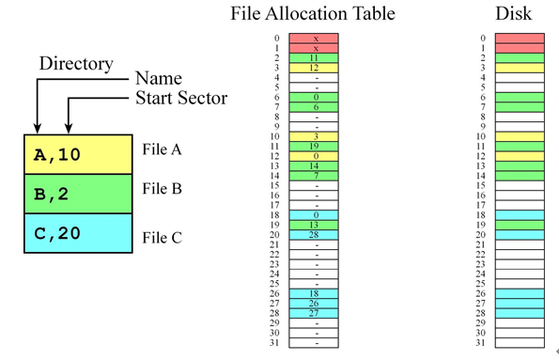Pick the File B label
click(x=162, y=188)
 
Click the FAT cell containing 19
click(x=317, y=146)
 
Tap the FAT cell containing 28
click(x=317, y=234)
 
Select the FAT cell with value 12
click(x=317, y=68)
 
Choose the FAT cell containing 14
click(x=317, y=165)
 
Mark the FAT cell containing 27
click(x=317, y=312)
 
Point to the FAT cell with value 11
click(x=317, y=58)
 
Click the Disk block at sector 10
click(x=519, y=136)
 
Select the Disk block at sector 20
click(x=519, y=234)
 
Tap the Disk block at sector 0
click(x=519, y=39)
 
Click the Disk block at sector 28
click(x=519, y=312)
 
